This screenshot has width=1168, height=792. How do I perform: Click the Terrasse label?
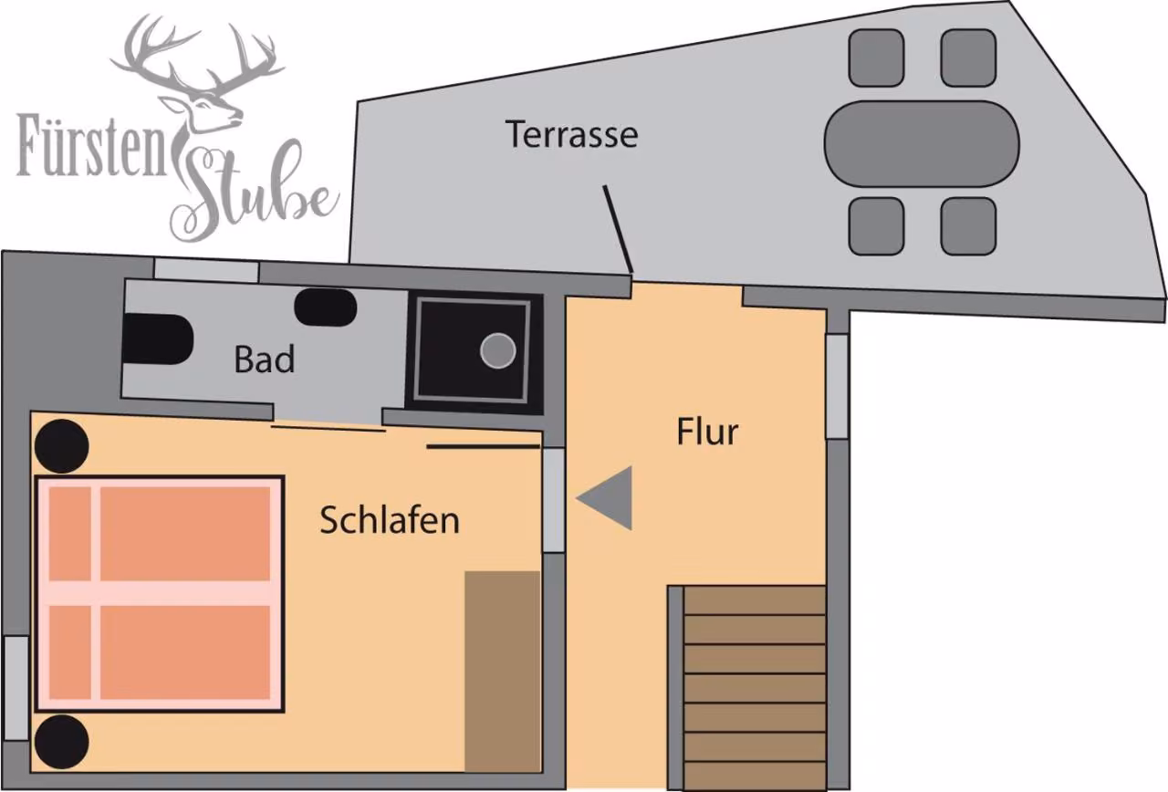tap(571, 134)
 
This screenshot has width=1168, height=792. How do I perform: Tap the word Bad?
tap(265, 359)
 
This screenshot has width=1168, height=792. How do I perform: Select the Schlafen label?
tap(390, 519)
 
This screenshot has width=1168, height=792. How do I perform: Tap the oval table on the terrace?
tap(922, 143)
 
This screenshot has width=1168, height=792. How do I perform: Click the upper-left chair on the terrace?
tap(876, 57)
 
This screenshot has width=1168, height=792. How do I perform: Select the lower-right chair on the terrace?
tap(968, 226)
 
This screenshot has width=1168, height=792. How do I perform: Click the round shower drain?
tap(497, 350)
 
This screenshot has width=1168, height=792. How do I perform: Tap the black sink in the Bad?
tap(326, 307)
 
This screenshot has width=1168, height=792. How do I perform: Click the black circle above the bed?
tap(61, 446)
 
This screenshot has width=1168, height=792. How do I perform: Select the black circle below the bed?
tap(61, 742)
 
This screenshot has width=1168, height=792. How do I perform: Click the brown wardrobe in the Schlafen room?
tap(502, 672)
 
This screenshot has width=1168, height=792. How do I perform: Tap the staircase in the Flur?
tap(754, 687)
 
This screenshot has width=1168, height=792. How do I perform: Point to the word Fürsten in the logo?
tap(91, 145)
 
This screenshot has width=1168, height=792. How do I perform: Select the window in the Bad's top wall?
tap(206, 271)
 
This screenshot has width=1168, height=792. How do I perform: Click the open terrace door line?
tap(618, 229)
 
